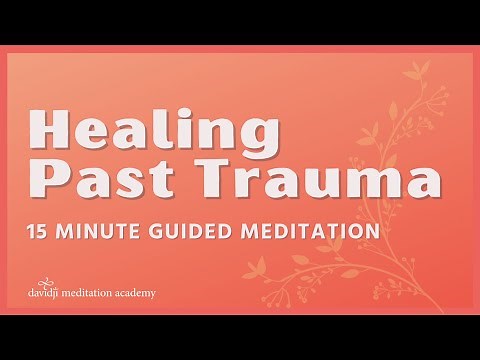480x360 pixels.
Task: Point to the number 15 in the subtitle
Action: pyautogui.click(x=40, y=232)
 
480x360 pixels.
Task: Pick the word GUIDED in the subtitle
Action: pyautogui.click(x=198, y=232)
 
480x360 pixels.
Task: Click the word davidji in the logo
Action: pyautogui.click(x=47, y=294)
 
